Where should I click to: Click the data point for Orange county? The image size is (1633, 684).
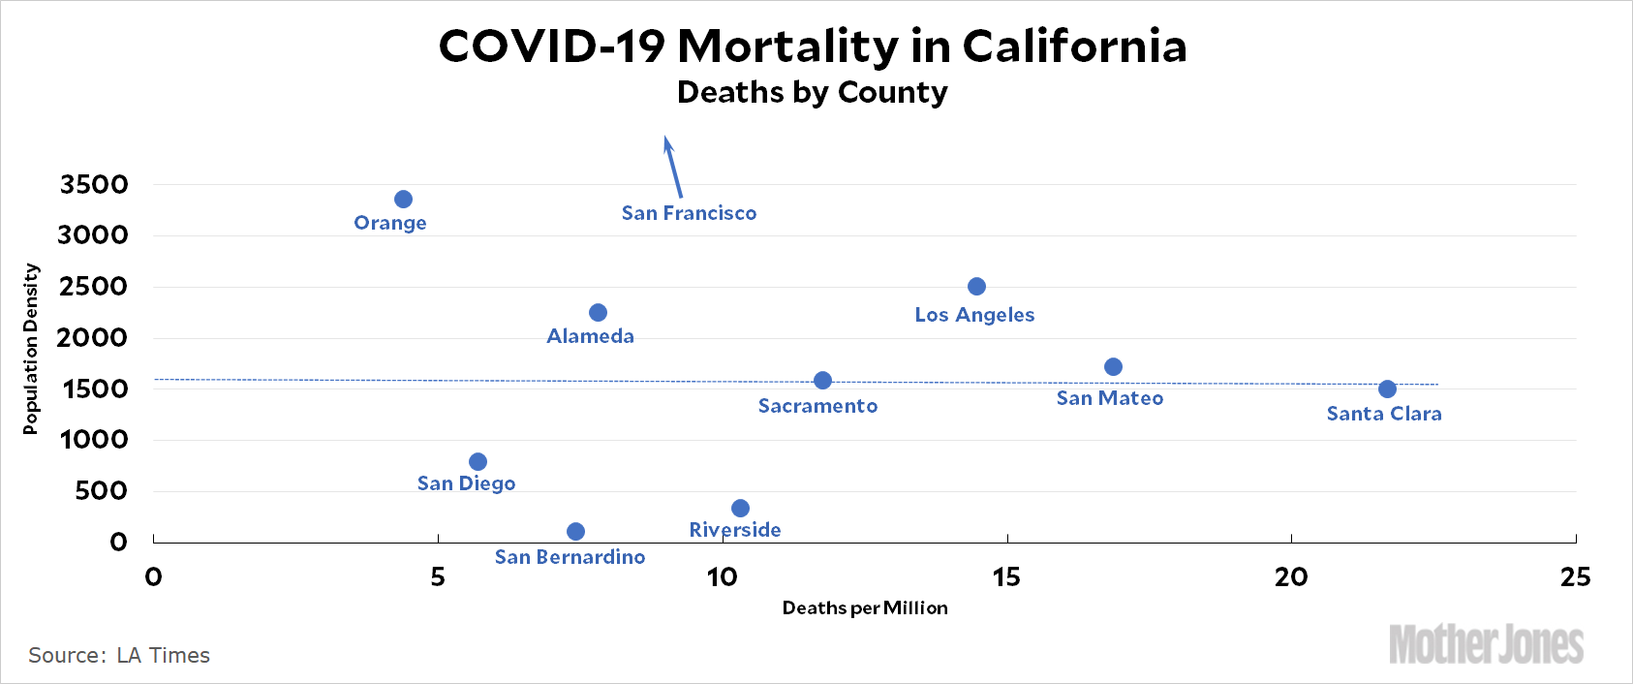click(x=404, y=200)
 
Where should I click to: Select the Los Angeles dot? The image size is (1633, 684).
click(x=976, y=287)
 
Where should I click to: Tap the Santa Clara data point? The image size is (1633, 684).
click(x=1387, y=389)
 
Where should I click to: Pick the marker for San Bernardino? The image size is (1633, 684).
click(x=575, y=532)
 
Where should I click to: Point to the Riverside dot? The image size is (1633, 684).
click(x=740, y=509)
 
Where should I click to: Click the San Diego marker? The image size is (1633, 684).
click(x=478, y=462)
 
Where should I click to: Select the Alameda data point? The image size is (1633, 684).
click(x=598, y=313)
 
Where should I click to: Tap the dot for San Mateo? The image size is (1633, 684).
click(x=1113, y=367)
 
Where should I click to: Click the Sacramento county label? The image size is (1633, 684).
click(x=817, y=406)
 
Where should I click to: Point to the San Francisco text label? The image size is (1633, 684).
click(x=689, y=213)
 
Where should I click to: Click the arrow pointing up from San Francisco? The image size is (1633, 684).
click(x=672, y=166)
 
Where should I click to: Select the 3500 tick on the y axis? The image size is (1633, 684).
click(x=94, y=184)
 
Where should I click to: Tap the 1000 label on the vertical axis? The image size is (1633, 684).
click(x=94, y=440)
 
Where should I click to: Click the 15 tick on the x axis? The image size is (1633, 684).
click(x=1006, y=577)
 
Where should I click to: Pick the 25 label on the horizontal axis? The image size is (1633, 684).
click(x=1575, y=577)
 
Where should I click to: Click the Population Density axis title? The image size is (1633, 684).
click(x=31, y=349)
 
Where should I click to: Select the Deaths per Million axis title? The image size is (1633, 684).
click(x=865, y=608)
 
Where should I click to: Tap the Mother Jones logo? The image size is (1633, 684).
click(x=1486, y=645)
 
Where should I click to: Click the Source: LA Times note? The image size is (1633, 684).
click(x=119, y=656)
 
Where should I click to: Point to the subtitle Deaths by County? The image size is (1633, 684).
click(x=812, y=92)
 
